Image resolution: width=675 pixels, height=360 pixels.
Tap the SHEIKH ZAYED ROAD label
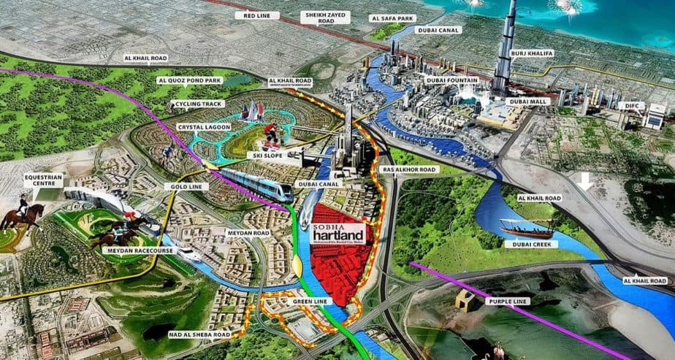323,18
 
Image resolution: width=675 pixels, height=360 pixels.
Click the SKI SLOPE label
267,155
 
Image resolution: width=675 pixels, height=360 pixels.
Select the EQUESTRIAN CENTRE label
43,180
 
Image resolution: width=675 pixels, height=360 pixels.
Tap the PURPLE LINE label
505,300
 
